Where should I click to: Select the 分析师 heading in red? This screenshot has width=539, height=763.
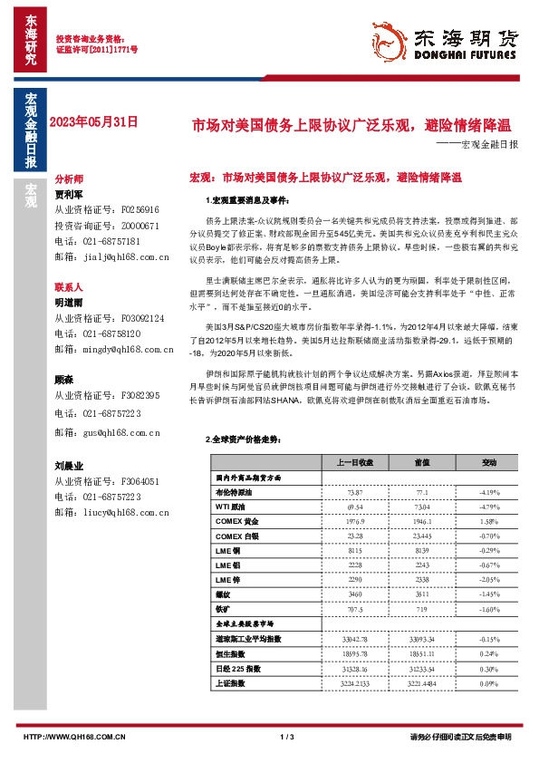point(69,179)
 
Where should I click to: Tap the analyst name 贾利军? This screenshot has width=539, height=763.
point(69,194)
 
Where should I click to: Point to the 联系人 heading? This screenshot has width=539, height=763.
point(69,286)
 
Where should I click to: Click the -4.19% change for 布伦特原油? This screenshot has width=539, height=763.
point(489,490)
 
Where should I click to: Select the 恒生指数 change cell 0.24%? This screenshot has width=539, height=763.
point(489,653)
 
